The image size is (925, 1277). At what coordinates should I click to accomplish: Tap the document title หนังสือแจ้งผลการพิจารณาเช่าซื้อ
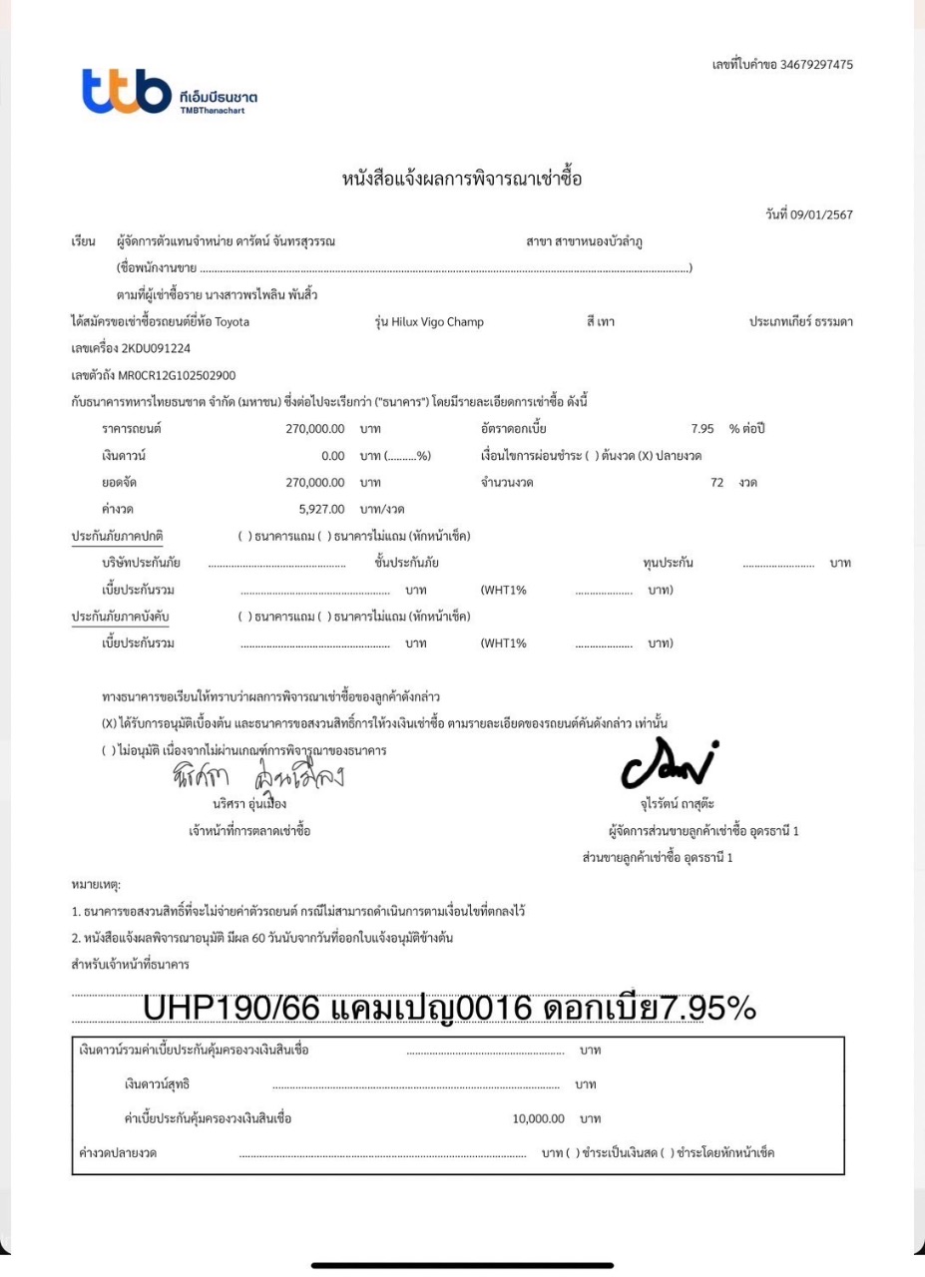click(462, 180)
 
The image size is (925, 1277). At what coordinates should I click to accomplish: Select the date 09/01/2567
click(822, 214)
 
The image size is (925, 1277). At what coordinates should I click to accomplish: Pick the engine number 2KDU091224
click(156, 349)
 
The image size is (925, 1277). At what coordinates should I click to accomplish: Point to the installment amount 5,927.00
click(321, 509)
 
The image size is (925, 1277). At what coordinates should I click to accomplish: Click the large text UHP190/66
click(231, 1009)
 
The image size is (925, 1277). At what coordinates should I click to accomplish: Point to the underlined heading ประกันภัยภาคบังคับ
click(121, 617)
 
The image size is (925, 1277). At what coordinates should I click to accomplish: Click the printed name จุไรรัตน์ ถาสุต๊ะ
click(678, 803)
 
